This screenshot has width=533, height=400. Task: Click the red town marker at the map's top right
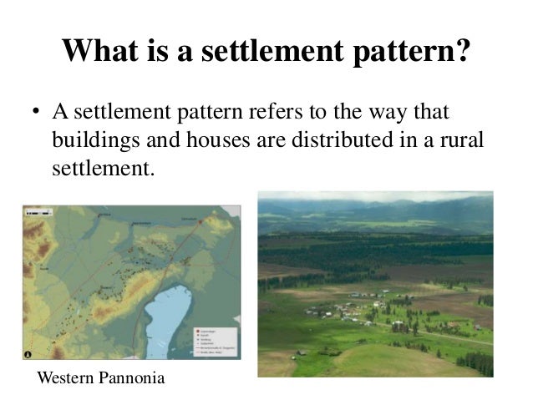201,220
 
